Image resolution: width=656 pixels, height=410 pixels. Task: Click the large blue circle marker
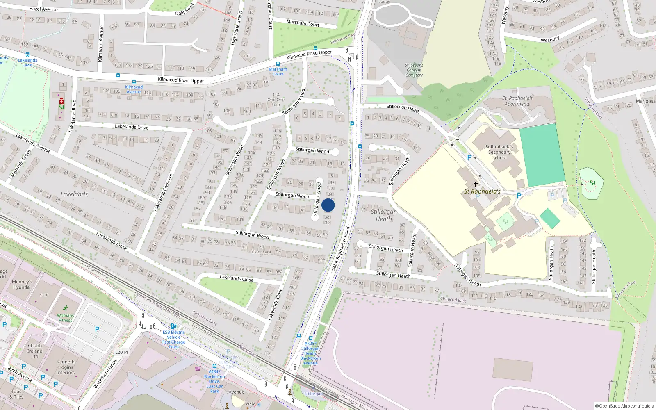[x=328, y=205]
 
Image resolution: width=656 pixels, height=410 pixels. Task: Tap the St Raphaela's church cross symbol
[x=476, y=184]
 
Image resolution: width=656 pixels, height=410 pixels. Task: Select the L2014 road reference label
[x=121, y=352]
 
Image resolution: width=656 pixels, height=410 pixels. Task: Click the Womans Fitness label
[x=65, y=318]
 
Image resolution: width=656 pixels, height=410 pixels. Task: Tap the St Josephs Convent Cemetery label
[x=414, y=70]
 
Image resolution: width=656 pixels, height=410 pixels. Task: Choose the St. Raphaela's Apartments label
[x=517, y=101]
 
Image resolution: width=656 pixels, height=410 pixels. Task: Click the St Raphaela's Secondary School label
[x=499, y=152]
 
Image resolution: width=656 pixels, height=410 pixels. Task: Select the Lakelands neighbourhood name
[x=74, y=194]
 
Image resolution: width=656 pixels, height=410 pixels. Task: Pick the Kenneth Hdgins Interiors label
[x=66, y=367]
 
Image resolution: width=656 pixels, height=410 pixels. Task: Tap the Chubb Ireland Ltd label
[x=35, y=351]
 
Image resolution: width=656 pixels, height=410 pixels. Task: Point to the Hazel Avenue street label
[x=43, y=9]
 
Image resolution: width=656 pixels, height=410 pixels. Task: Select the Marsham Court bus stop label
[x=278, y=71]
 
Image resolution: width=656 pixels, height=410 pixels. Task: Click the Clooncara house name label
[x=261, y=252]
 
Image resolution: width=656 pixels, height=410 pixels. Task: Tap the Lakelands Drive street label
[x=132, y=127]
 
